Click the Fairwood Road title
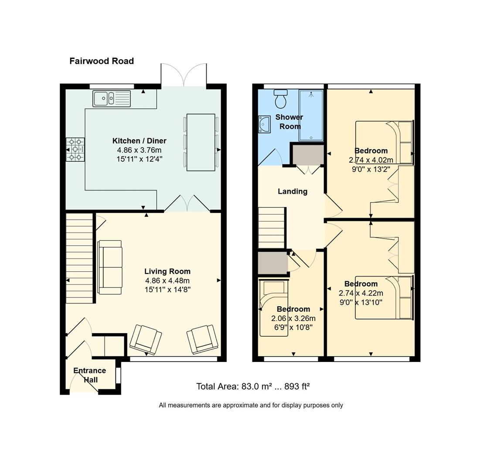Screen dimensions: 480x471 [x=102, y=61]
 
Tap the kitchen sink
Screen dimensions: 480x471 [x=112, y=98]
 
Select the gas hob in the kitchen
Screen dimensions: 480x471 [x=75, y=150]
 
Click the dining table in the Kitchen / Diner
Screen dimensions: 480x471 [x=201, y=142]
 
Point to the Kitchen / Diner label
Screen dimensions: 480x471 [x=139, y=141]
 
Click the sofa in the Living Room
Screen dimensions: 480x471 [x=110, y=267]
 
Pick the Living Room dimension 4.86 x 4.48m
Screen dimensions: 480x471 [x=167, y=280]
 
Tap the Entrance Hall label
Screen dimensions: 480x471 [x=90, y=375]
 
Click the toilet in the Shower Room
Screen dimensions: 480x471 [x=280, y=99]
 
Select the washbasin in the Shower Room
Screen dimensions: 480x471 [x=265, y=124]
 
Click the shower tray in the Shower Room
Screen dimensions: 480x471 [x=311, y=115]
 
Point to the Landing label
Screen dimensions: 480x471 [x=293, y=191]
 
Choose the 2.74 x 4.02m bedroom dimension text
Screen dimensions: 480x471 [x=371, y=160]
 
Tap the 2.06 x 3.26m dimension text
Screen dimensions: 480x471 [x=293, y=318]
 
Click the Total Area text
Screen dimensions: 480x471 [x=253, y=386]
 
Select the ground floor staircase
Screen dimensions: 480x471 [x=79, y=258]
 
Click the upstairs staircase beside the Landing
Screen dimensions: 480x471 [x=272, y=228]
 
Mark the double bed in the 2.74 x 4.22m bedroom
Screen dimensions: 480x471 [x=384, y=298]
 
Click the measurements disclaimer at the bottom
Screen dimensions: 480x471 [x=251, y=405]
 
